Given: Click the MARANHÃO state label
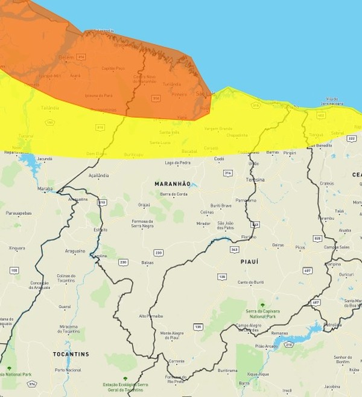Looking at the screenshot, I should tap(173, 184).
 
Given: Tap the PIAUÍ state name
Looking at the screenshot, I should tap(249, 262).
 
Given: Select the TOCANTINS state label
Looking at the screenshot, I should tap(71, 354).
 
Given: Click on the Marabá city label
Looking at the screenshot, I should tap(45, 189).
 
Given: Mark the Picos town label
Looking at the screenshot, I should tap(300, 247).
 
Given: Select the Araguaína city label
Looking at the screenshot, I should tap(75, 251).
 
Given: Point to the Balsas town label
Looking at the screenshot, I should tap(147, 263).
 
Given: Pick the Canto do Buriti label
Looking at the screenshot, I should tap(251, 282).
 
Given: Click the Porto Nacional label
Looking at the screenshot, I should tap(68, 370).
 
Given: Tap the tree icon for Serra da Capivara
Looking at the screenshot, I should tap(262, 305).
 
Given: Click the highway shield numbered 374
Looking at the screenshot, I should tap(32, 384).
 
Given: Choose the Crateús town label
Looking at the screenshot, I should tap(327, 183).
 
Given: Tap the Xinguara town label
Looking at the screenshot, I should tap(17, 248).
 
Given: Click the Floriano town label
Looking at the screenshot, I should tap(248, 237).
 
